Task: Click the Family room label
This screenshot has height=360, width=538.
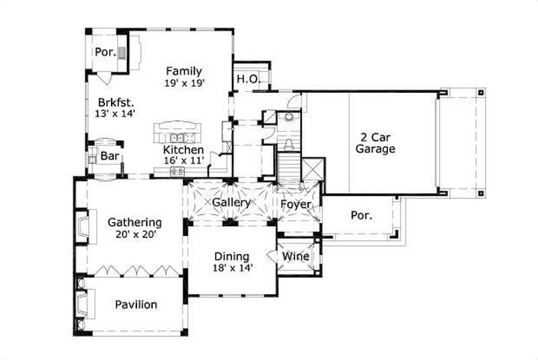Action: coord(184,71)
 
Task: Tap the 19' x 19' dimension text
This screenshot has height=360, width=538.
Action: coord(184,83)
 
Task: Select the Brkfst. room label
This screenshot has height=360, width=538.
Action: coord(116,102)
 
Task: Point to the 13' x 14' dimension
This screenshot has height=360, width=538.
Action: coord(116,114)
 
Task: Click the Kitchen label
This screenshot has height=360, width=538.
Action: coord(184,149)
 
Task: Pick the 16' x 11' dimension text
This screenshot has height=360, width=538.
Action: coord(184,161)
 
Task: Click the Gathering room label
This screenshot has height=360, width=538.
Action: coord(134,222)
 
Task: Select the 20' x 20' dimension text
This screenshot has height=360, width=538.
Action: coord(134,235)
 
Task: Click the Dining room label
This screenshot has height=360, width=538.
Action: coord(231,256)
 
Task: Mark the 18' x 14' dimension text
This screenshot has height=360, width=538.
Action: coord(231,268)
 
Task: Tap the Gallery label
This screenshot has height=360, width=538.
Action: coord(231,202)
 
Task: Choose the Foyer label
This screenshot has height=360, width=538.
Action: coord(295,202)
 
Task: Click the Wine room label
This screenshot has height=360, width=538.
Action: coord(295,256)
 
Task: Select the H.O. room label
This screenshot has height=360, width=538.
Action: coord(247,79)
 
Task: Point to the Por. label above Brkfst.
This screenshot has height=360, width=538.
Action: coord(105,52)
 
